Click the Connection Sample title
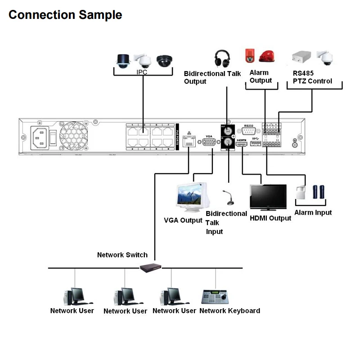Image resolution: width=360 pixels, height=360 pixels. pos(65,14)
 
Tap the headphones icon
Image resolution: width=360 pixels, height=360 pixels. pos(222,59)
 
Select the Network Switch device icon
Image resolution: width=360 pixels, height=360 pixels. pos(150,267)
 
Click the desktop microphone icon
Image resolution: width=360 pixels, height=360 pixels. pos(228,198)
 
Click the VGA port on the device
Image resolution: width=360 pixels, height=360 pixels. pos(209,142)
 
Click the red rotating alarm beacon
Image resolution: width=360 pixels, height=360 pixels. pos(267,56)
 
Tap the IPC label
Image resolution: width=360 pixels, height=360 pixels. pos(142,72)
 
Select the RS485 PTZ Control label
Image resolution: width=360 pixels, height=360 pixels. pos(312,77)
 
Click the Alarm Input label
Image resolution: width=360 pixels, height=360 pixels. pos(313,212)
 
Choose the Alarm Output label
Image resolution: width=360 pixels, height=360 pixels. pos(261,76)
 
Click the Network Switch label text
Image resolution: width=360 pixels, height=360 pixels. pos(122,255)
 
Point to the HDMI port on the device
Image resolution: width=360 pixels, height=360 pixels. pos(242,144)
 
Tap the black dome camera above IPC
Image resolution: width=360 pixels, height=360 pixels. pos(164,61)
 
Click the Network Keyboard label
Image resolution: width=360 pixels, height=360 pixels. pos(229,310)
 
